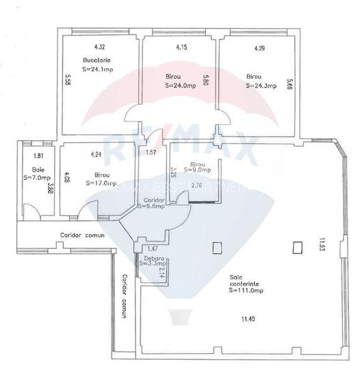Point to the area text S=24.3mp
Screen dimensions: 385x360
[x=260, y=86]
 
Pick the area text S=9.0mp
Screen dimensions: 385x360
[x=198, y=171]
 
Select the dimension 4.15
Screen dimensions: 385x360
[x=181, y=47]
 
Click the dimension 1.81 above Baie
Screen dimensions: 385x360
[x=38, y=156]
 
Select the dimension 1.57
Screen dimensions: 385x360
[x=151, y=152]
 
